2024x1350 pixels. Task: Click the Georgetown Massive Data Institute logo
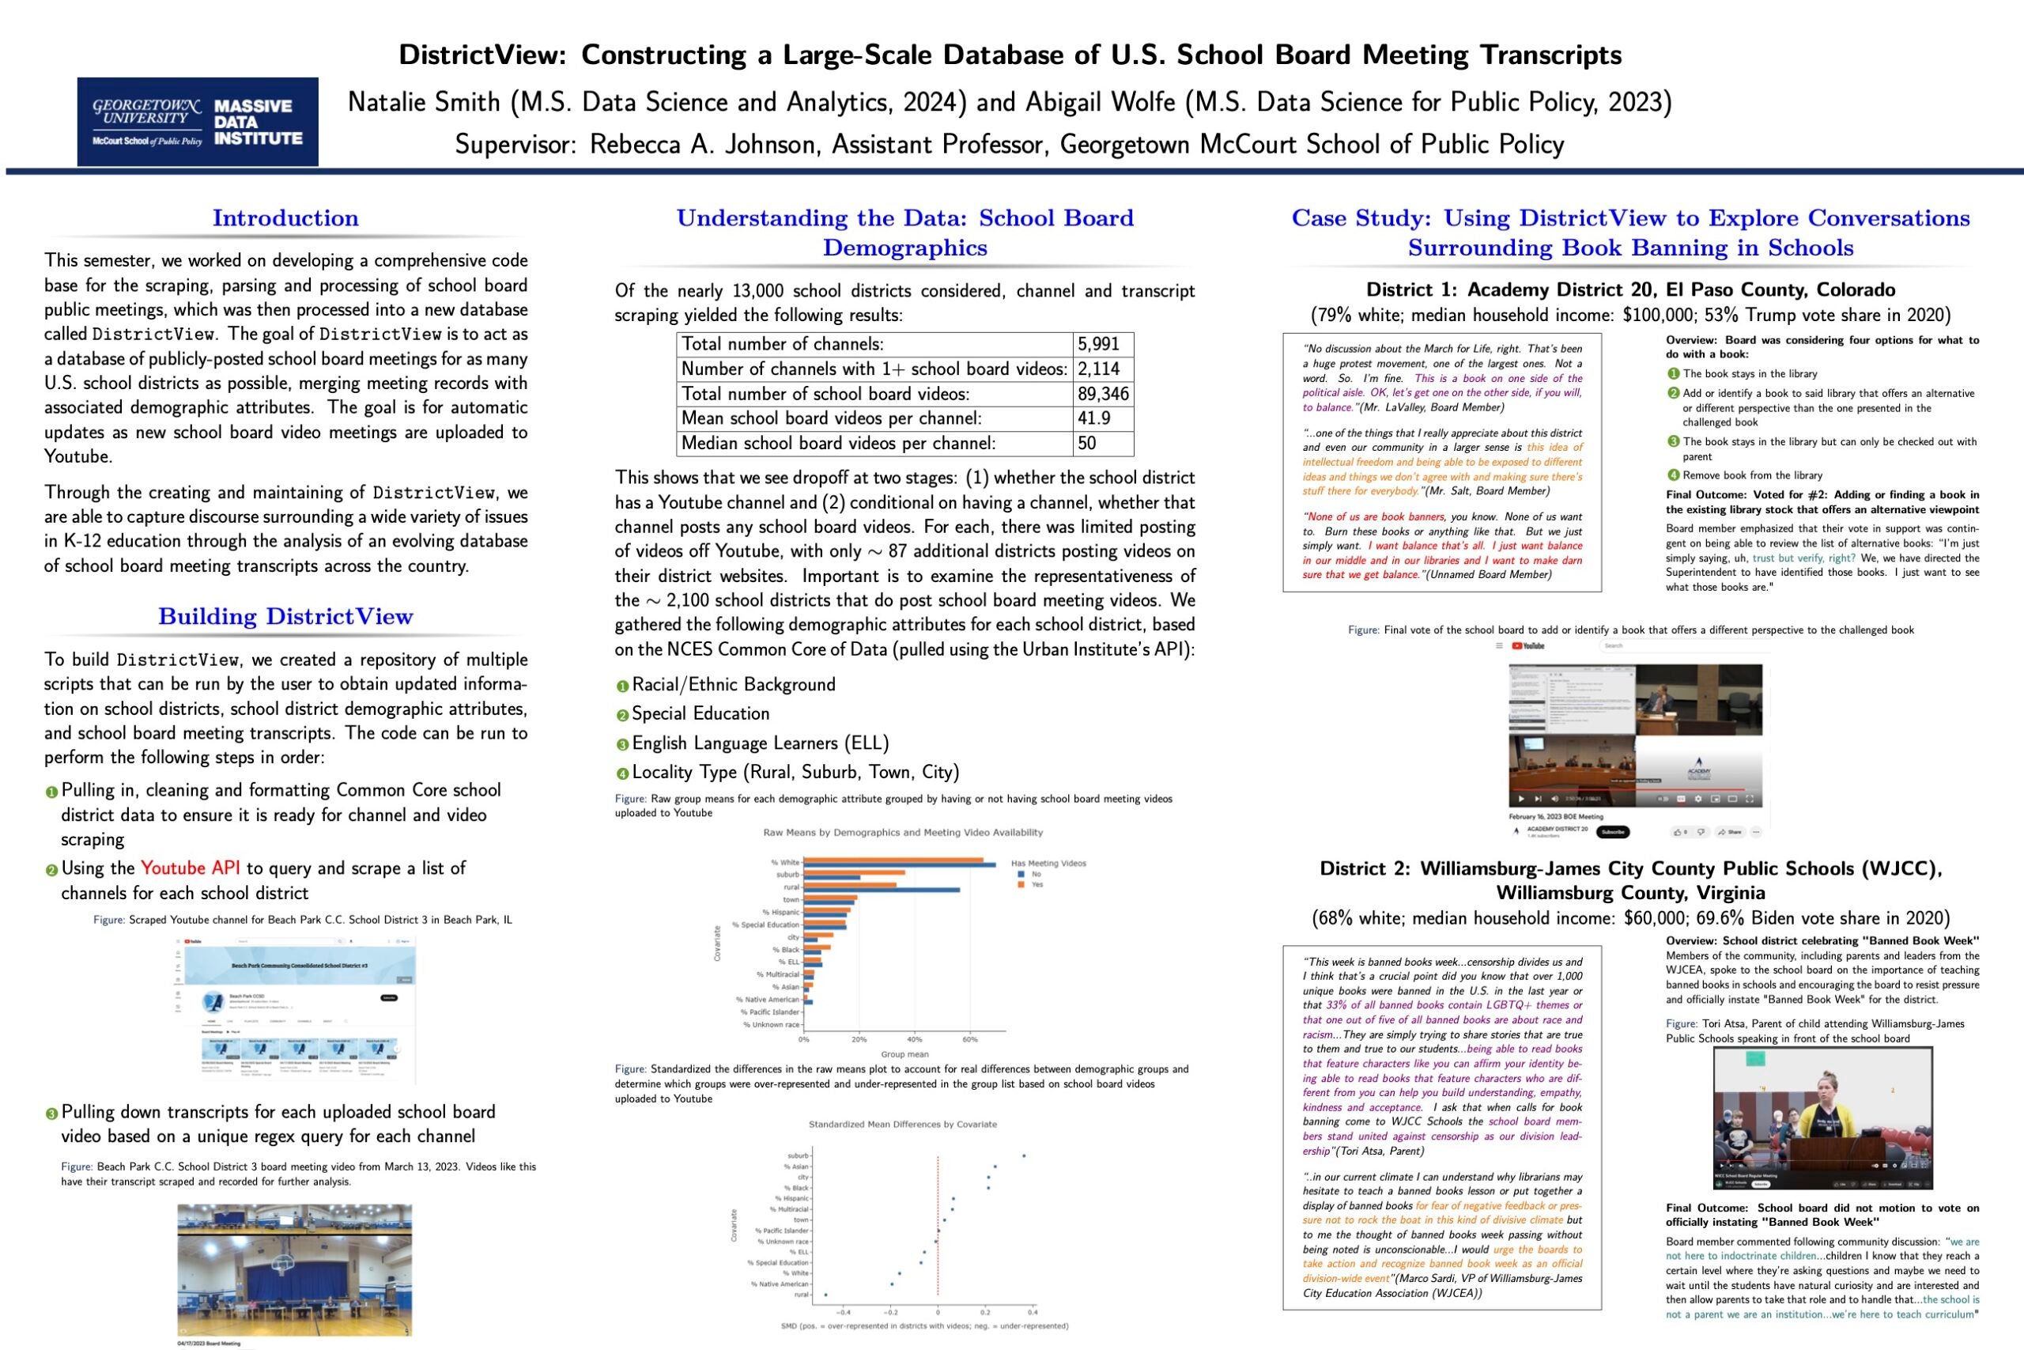197,121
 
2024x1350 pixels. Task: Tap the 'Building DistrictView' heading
285,616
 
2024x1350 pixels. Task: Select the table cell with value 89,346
1102,395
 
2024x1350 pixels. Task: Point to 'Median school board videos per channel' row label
838,444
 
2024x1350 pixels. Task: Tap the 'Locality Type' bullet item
795,773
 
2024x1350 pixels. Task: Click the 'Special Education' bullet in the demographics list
700,713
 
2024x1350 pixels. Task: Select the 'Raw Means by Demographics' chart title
903,833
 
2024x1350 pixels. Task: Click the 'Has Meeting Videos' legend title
1048,863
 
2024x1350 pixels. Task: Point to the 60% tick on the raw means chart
970,1039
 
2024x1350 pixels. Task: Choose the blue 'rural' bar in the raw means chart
882,890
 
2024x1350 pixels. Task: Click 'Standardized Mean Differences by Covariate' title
903,1125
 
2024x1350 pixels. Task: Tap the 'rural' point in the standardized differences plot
825,1294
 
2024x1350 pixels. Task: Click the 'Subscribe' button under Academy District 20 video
1612,832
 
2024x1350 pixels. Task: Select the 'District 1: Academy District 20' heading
1629,290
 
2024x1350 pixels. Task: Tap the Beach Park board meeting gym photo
294,1269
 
